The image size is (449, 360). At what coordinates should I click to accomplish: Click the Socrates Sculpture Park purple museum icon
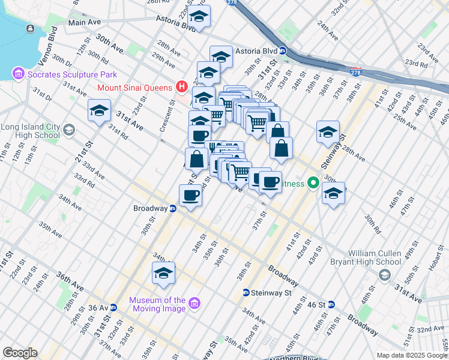coord(17,74)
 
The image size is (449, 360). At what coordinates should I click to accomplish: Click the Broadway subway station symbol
coord(173,209)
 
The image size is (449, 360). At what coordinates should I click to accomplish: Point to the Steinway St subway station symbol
coord(246,293)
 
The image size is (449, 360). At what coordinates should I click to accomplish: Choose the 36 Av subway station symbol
coord(113,308)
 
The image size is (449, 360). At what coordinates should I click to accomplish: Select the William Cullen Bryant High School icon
coord(384,274)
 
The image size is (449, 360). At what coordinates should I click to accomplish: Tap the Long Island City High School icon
coord(69,130)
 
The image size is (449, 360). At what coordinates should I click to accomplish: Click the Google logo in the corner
coord(20,353)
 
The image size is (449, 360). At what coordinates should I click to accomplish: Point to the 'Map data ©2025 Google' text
coord(412,355)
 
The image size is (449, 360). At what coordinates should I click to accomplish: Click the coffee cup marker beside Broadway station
coord(190,195)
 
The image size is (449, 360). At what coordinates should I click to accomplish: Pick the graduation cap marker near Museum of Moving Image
coord(163,273)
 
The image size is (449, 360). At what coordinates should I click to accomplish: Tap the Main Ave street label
coord(85,22)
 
